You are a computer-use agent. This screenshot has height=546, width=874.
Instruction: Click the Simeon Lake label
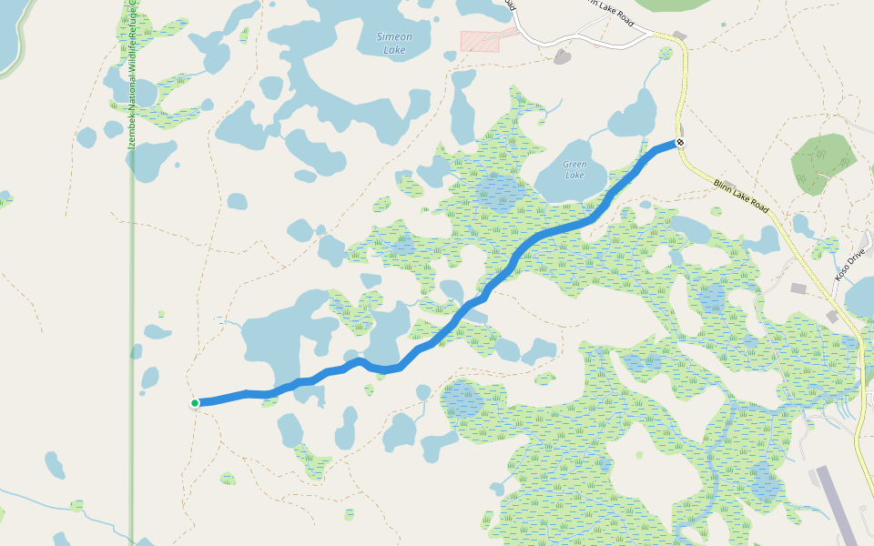pyautogui.click(x=394, y=43)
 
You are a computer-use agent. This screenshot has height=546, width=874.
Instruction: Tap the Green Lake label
pyautogui.click(x=574, y=169)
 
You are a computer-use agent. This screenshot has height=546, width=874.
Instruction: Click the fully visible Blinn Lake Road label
pyautogui.click(x=741, y=197)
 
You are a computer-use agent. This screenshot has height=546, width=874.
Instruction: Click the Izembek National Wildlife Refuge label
pyautogui.click(x=132, y=73)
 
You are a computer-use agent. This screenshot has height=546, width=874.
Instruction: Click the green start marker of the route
pyautogui.click(x=195, y=403)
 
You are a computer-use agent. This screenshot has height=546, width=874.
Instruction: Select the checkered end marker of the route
pyautogui.click(x=680, y=143)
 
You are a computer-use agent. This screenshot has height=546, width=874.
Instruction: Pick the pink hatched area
pyautogui.click(x=480, y=40)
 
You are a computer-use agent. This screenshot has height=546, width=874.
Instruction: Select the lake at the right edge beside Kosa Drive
pyautogui.click(x=860, y=296)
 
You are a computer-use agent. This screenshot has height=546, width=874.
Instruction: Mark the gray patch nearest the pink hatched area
pyautogui.click(x=562, y=56)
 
